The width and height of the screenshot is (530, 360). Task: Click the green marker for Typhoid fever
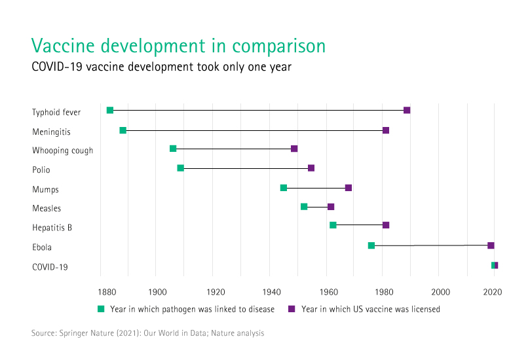point(110,110)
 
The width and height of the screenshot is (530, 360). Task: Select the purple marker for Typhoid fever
point(407,110)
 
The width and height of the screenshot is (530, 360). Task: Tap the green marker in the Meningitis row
point(123,130)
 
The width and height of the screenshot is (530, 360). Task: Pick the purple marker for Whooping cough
point(294,149)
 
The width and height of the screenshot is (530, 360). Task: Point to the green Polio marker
point(181,168)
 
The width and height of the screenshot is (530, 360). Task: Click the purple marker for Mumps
point(349,188)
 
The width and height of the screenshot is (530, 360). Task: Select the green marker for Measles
point(304,207)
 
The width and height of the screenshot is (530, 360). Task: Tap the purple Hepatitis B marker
point(386,225)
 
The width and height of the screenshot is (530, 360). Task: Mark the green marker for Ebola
point(371,245)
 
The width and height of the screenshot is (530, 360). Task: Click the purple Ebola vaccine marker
point(491,245)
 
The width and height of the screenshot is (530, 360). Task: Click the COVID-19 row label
point(50,267)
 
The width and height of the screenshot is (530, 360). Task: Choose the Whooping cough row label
point(63,151)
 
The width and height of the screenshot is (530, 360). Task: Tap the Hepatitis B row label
point(52,228)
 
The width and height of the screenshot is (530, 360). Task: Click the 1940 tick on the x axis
point(272,291)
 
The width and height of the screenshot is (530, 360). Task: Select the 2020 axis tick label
point(493,291)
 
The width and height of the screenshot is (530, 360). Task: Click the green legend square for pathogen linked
point(102,308)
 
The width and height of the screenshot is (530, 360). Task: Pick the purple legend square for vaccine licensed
point(292,308)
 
